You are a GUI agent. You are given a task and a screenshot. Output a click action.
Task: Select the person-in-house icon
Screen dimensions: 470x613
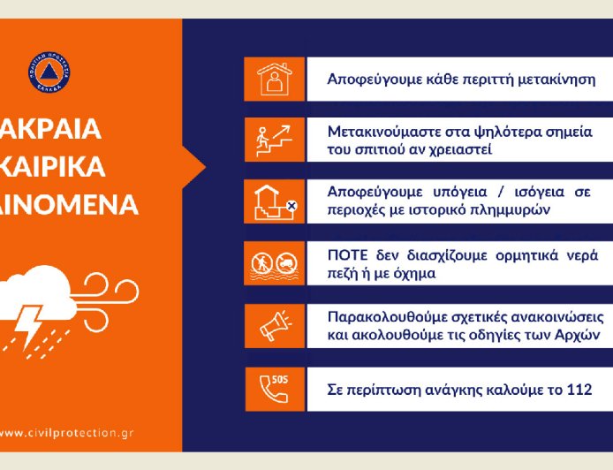274,80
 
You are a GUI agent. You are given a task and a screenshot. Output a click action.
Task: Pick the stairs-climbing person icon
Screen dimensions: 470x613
274,140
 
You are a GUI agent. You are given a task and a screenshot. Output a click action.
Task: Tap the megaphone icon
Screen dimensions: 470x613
274,326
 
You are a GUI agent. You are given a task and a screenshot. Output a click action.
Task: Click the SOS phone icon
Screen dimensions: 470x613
274,389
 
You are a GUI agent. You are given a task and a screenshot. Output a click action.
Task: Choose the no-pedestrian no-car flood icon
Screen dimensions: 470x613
274,264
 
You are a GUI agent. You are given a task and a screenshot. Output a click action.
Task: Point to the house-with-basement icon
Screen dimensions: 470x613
274,202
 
